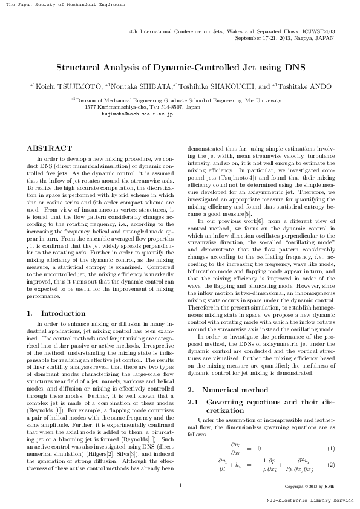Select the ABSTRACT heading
click(x=47, y=148)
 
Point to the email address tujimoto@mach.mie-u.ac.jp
click(x=137, y=113)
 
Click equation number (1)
click(x=331, y=448)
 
